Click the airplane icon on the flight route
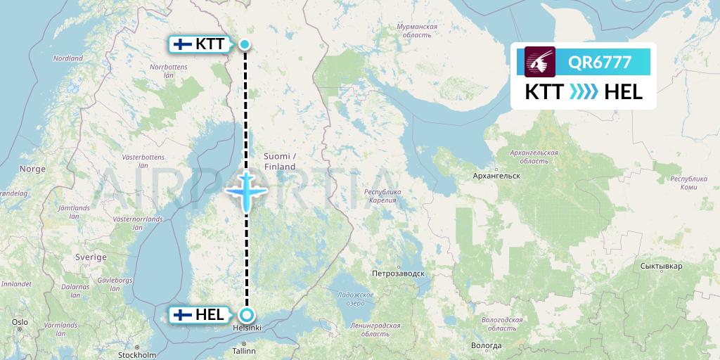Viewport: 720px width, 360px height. coord(246,190)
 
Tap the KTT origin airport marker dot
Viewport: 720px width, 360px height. coord(245,44)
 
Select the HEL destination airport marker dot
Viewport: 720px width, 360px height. coord(246,315)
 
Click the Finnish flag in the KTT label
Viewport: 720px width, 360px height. coord(183,44)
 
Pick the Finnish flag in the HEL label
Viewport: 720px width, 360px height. coord(183,315)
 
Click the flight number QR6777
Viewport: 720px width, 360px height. coord(600,63)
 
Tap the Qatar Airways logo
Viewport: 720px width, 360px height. coord(540,62)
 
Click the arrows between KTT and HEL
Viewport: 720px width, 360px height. coord(584,92)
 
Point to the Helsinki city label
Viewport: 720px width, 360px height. coord(247,328)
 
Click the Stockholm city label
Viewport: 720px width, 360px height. coord(137,355)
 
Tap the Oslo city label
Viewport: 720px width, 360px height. coord(19,321)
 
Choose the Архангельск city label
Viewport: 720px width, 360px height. coord(496,175)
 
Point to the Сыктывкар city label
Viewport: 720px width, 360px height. coord(662,266)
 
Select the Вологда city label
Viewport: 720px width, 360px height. coord(487,345)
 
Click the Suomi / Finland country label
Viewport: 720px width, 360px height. coord(280,161)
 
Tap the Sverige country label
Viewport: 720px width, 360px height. coord(91,257)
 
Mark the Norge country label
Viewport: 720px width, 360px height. coord(32,169)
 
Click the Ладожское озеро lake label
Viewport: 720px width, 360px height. coord(354,298)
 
